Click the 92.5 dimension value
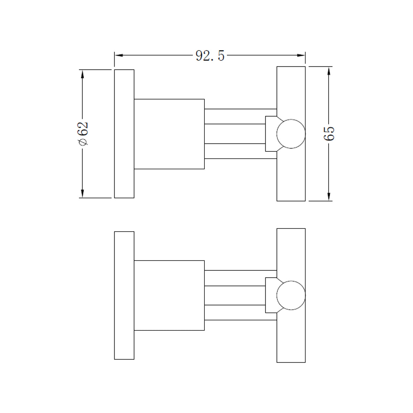pyautogui.click(x=210, y=55)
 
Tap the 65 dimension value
pyautogui.click(x=329, y=133)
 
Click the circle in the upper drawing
pyautogui.click(x=291, y=134)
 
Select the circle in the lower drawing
pyautogui.click(x=291, y=295)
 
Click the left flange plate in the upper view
pyautogui.click(x=124, y=134)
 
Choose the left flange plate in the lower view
pyautogui.click(x=124, y=295)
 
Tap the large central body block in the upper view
pyautogui.click(x=169, y=134)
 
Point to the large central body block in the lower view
pyautogui.click(x=169, y=295)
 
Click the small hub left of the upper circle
pyautogui.click(x=271, y=134)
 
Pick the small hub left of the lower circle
pyautogui.click(x=271, y=295)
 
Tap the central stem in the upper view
pyautogui.click(x=235, y=134)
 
